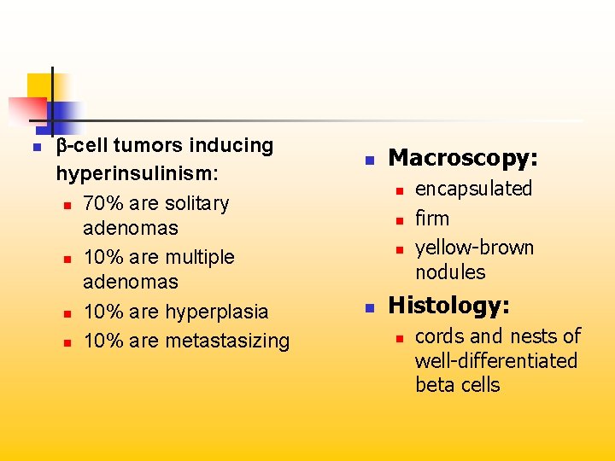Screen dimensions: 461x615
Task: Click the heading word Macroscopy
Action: [461, 159]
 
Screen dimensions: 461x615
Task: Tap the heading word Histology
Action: [448, 306]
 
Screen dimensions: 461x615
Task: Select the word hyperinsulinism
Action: [137, 173]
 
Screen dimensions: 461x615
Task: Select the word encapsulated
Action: [473, 189]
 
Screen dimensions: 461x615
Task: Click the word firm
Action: [431, 219]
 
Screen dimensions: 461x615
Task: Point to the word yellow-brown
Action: [474, 248]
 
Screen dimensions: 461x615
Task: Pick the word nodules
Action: [449, 272]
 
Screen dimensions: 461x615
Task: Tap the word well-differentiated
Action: [495, 360]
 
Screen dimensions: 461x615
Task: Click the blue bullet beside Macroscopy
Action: [370, 160]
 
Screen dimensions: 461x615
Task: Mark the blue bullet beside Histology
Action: [370, 306]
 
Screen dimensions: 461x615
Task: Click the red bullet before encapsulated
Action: [398, 190]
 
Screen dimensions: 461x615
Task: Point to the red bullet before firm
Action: [398, 220]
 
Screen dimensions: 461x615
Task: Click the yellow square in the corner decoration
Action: [38, 85]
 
